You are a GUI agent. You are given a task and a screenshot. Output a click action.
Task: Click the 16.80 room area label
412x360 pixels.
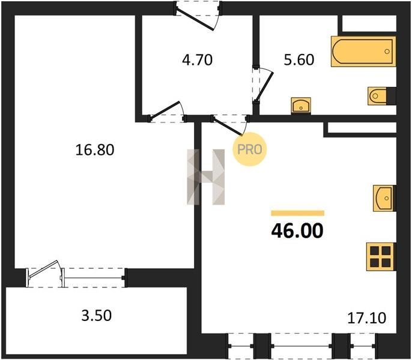click(95, 150)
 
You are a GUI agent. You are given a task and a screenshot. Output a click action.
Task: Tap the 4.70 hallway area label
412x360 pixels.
click(198, 60)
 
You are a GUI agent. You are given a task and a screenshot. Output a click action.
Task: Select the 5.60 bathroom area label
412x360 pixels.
click(299, 59)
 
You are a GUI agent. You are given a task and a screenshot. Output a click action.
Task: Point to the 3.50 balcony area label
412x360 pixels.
click(97, 316)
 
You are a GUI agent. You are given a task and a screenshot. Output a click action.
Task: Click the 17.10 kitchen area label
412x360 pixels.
click(367, 318)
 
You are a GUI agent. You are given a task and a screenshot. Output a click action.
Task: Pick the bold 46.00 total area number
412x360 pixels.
click(297, 230)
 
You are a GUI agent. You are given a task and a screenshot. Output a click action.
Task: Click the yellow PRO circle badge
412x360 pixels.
click(250, 149)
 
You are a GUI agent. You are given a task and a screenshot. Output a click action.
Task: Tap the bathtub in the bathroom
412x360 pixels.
click(363, 52)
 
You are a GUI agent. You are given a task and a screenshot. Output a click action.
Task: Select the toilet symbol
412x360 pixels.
click(379, 96)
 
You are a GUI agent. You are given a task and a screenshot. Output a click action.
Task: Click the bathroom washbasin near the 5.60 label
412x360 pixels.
click(301, 106)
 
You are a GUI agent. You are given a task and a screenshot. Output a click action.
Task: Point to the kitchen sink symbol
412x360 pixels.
click(384, 198)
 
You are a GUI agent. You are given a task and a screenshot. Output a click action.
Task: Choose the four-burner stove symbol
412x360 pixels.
click(381, 257)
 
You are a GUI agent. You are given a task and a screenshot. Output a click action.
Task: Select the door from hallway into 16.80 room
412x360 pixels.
click(166, 112)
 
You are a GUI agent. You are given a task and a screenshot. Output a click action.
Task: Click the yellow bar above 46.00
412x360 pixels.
click(297, 213)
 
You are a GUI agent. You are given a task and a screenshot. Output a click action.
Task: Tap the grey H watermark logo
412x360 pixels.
click(206, 177)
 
